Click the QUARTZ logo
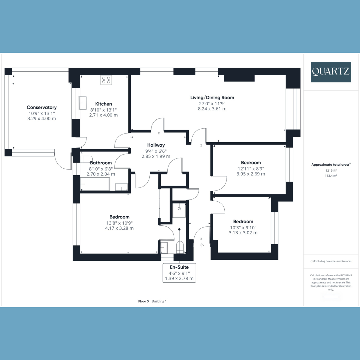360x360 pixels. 331,72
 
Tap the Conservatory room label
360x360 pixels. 41,107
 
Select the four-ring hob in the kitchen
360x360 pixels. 106,80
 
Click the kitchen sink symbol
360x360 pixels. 83,103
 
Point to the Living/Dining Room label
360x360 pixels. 212,97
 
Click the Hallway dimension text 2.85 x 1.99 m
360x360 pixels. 156,156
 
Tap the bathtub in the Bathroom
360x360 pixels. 95,184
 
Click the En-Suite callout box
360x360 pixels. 179,273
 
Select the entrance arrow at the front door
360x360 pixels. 202,245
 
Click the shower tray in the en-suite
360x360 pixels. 179,211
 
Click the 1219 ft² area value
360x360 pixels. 331,170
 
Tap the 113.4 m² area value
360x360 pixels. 331,175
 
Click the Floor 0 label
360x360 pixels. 143,301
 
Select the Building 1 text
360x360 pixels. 159,301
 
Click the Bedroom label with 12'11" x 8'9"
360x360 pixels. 251,163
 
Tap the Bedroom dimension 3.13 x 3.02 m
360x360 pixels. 243,233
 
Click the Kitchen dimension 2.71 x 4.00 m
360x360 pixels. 103,115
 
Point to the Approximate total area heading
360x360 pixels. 331,165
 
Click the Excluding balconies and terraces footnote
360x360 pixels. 331,261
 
